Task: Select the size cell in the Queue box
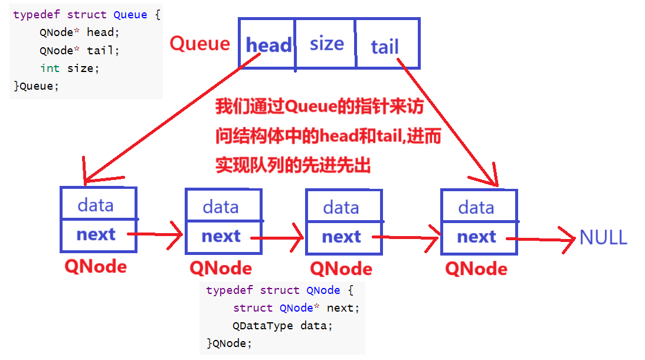tap(326, 44)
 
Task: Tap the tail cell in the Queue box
tap(385, 46)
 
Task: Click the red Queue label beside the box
tap(199, 44)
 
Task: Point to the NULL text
tap(603, 237)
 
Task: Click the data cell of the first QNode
tap(96, 205)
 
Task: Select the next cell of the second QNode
tap(221, 237)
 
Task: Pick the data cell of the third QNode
tap(341, 207)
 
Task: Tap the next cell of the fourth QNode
tap(477, 237)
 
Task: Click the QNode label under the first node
tap(96, 266)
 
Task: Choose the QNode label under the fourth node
tap(476, 269)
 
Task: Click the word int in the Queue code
tap(50, 68)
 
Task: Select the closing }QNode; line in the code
tap(229, 343)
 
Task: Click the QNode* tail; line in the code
tap(79, 51)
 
